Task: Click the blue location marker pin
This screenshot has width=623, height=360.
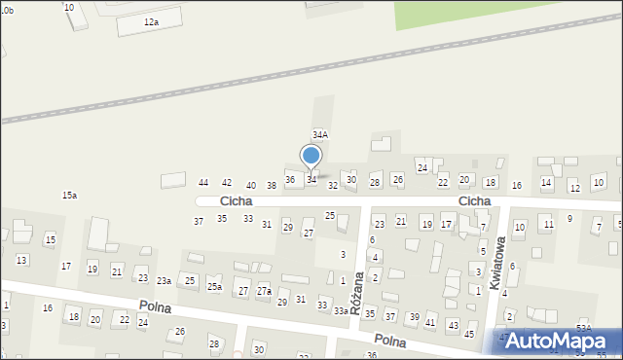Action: (x=311, y=157)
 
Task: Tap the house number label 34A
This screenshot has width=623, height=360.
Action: (x=319, y=134)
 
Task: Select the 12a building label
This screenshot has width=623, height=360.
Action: (x=150, y=21)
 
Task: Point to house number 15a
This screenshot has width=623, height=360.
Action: (x=69, y=196)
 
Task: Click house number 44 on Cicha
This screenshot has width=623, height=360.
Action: (x=203, y=183)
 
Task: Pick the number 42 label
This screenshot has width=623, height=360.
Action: (x=227, y=183)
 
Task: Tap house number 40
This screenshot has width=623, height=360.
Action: (x=250, y=185)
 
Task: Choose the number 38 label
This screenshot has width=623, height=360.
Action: (x=272, y=185)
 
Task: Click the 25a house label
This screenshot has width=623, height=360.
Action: (x=214, y=287)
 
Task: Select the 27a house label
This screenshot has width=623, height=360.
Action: (x=264, y=291)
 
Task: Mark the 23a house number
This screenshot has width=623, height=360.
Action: (x=165, y=281)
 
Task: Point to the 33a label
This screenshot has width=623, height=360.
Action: (x=341, y=310)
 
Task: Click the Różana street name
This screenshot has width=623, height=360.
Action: (x=357, y=289)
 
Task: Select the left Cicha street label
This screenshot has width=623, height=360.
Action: (x=237, y=200)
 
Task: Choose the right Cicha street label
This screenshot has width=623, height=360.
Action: (x=475, y=201)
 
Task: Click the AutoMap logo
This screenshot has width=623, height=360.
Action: (x=558, y=341)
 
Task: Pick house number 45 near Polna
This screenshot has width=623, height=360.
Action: (x=469, y=334)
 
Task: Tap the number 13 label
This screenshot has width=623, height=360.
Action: (x=21, y=260)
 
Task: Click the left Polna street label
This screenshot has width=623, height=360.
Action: (x=155, y=306)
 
